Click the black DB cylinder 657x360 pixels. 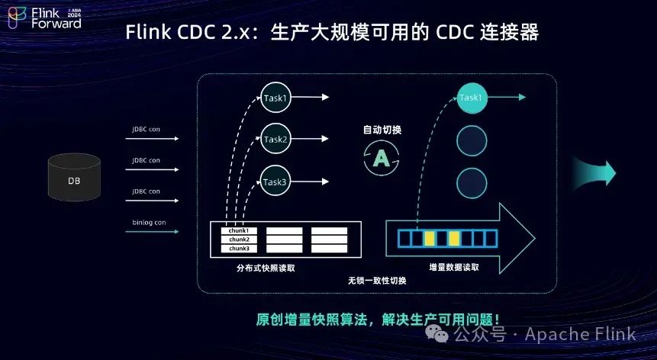(x=73, y=178)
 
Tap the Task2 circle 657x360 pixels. (x=275, y=140)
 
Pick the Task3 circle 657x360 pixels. (x=275, y=182)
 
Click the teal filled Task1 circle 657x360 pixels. (x=471, y=98)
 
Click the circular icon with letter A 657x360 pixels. (x=382, y=159)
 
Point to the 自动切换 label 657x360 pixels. (x=382, y=130)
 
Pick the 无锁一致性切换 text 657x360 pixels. (x=377, y=281)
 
